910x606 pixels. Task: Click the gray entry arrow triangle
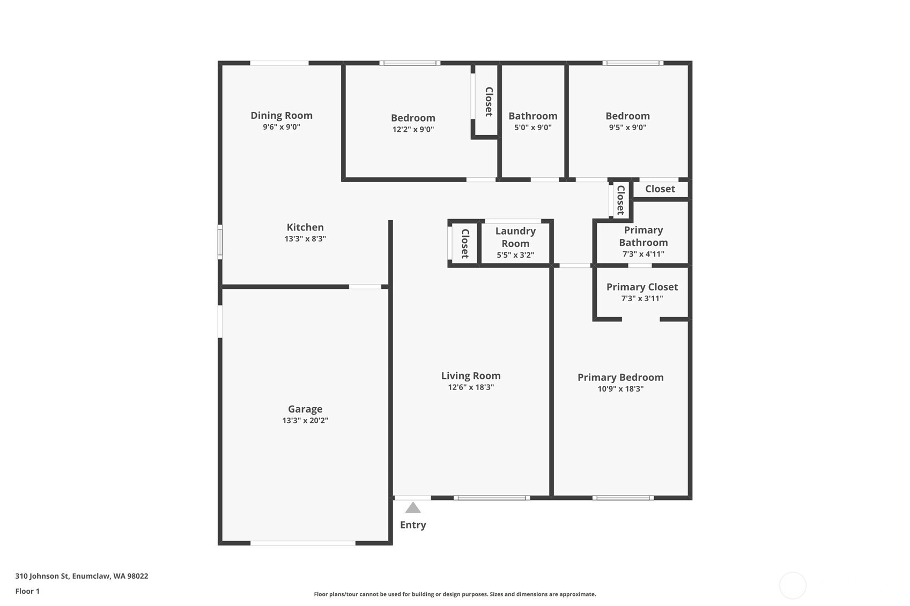pos(413,508)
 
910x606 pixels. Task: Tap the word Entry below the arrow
pos(413,525)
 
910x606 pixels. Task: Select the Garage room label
pos(305,409)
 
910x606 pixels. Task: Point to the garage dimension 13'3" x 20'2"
pos(305,421)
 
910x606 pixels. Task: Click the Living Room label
pos(471,376)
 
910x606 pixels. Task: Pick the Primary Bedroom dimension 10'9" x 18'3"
pos(620,389)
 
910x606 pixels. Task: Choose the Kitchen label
pos(305,227)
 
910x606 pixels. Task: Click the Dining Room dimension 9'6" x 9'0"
pos(281,127)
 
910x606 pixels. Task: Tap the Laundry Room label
pos(515,237)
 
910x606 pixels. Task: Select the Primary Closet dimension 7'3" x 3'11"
pos(642,299)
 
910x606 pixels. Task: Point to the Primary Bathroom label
pos(643,236)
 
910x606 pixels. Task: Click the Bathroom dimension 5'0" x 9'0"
pos(532,128)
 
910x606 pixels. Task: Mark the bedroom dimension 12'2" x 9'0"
pos(413,130)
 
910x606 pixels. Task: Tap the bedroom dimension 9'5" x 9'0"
pos(627,128)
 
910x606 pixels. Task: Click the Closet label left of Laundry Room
pos(465,244)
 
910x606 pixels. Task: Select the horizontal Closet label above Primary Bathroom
pos(660,189)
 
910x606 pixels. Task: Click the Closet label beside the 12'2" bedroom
pos(489,101)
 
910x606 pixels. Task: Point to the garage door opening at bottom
pos(302,543)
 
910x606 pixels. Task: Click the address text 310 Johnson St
pos(42,576)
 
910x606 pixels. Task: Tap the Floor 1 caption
pos(28,591)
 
